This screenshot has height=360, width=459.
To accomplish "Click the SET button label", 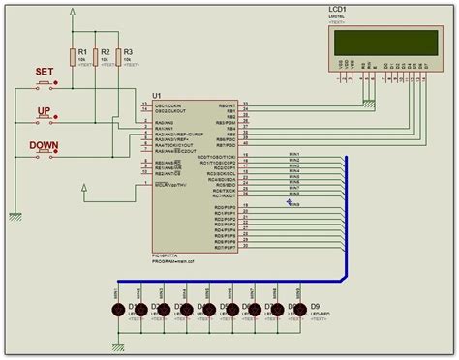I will coord(44,72).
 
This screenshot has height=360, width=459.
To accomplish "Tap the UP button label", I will coord(44,111).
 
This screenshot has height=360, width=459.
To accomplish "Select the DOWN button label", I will coord(44,145).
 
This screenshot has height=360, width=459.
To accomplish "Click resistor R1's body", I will coord(73,57).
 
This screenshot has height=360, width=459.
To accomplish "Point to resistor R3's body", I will coord(118,57).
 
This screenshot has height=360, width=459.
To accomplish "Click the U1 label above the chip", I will coord(157,95).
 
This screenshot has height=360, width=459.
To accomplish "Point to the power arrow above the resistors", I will coord(73,13).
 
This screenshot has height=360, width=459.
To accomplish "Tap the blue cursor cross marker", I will coord(289,202).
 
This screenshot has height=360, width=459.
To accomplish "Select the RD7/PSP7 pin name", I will coord(225,247).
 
